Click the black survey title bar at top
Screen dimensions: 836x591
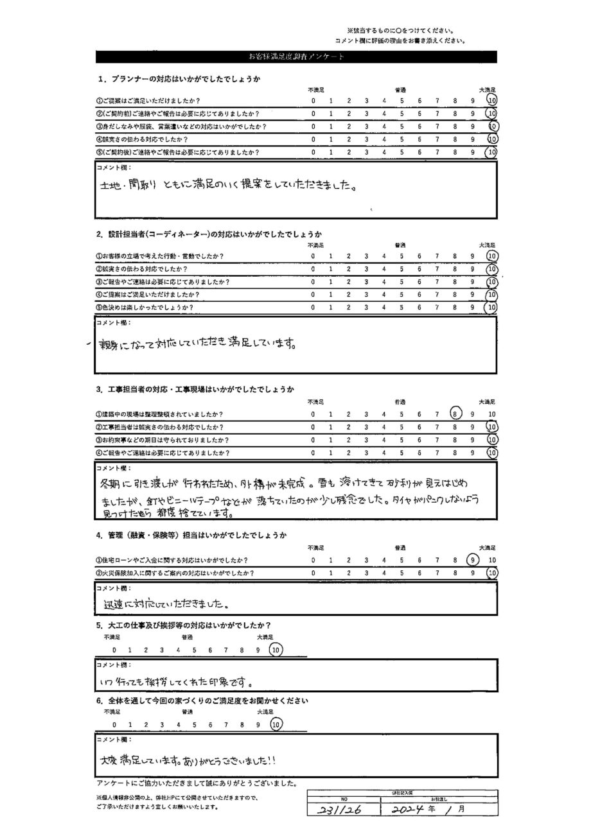[296, 57]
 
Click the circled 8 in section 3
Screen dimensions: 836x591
[455, 414]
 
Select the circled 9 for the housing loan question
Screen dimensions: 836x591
[473, 559]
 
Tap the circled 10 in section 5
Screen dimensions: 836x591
[276, 650]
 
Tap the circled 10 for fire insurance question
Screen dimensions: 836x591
[492, 572]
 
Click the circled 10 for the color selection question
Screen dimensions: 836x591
[492, 308]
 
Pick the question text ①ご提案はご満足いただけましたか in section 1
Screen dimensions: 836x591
[148, 101]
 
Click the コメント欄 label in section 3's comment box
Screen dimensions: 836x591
[111, 469]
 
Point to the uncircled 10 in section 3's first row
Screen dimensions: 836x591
[491, 414]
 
